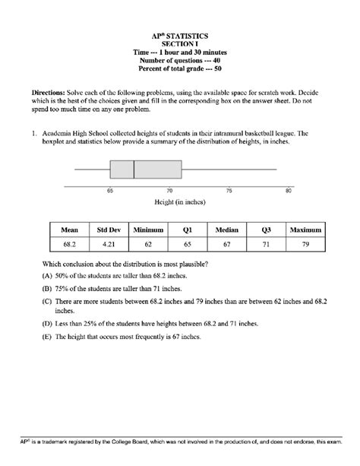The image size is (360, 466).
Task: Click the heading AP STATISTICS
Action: point(180,36)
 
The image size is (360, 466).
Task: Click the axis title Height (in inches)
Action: point(180,204)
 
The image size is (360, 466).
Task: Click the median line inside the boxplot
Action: point(134,170)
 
